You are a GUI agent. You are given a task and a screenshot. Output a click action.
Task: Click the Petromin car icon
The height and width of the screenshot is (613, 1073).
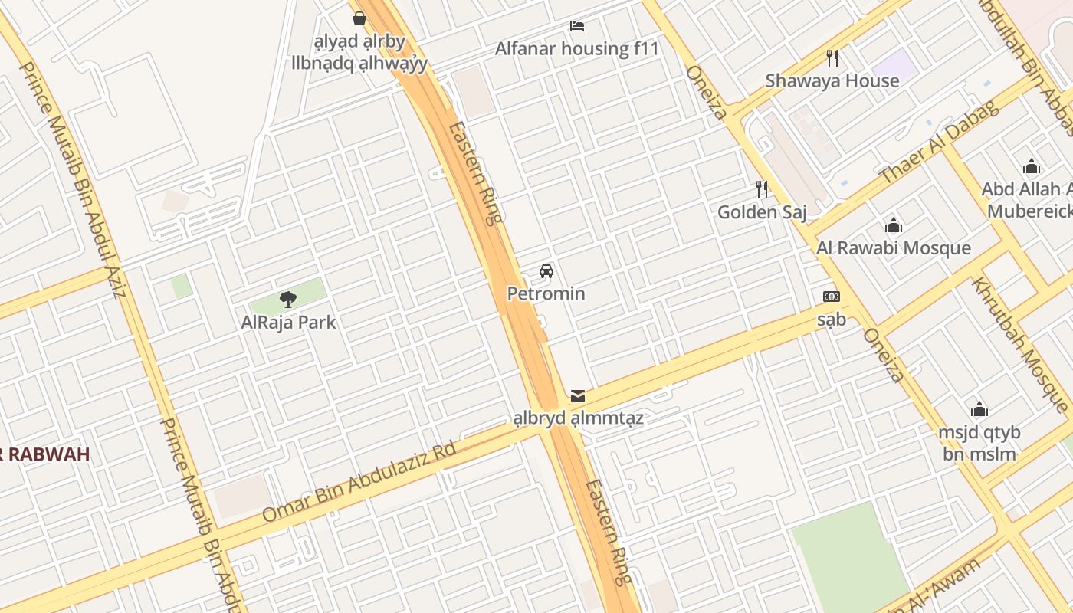[x=546, y=270]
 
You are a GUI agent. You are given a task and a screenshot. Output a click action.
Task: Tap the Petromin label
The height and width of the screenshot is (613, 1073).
[x=546, y=293]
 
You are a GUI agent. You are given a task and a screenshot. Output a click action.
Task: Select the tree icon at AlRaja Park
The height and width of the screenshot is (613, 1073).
[x=288, y=299]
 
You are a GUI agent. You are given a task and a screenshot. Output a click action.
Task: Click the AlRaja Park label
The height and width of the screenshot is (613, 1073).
[x=288, y=322]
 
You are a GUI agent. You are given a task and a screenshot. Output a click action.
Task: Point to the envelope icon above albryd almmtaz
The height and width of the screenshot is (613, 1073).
[x=578, y=396]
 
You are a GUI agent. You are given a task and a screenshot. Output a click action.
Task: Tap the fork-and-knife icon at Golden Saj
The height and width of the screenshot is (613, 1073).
[x=762, y=188]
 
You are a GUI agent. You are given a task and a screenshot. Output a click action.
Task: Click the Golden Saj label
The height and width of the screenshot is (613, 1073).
[x=762, y=211]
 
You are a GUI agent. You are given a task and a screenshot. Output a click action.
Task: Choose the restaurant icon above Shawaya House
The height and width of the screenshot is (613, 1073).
[x=832, y=57]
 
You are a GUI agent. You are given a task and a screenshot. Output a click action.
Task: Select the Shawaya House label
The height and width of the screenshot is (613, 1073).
[x=832, y=80]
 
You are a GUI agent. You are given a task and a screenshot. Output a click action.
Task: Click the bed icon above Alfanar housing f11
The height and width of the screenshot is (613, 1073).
[x=577, y=26]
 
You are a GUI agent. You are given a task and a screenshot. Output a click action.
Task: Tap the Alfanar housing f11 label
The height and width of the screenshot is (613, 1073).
[x=577, y=49]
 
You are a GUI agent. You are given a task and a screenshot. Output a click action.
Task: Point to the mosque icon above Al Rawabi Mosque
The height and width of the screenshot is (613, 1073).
[x=894, y=225]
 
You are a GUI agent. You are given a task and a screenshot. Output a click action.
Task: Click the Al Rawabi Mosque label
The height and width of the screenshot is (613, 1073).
[x=894, y=247]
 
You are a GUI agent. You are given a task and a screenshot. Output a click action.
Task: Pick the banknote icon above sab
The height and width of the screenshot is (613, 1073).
[x=831, y=297]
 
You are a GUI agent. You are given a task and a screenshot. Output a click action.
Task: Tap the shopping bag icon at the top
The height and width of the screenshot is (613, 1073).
[x=359, y=18]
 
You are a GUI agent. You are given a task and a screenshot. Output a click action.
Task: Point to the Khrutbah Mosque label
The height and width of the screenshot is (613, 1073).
[x=1020, y=344]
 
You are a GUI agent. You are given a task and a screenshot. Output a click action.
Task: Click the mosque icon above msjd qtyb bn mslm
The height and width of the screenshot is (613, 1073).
[x=979, y=409]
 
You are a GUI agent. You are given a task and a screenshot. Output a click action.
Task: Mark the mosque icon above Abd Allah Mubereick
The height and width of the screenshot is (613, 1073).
[x=1032, y=166]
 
